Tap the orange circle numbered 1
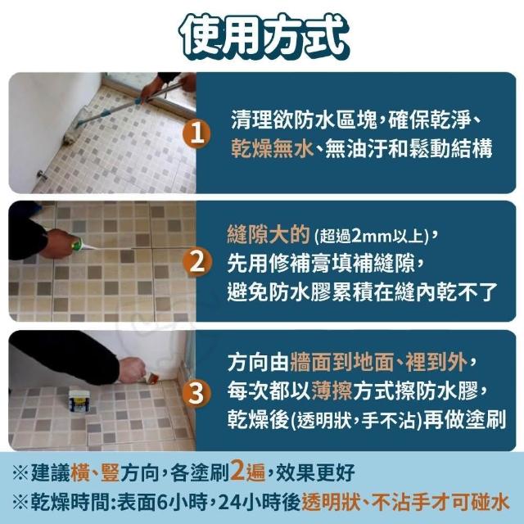click(196, 134)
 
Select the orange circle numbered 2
click(197, 263)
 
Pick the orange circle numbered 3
click(196, 393)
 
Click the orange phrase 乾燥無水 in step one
click(272, 148)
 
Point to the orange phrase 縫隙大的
click(269, 235)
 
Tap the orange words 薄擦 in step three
click(332, 391)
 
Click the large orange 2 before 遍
click(237, 471)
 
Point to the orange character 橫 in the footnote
click(80, 472)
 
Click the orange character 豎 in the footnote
click(110, 472)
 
